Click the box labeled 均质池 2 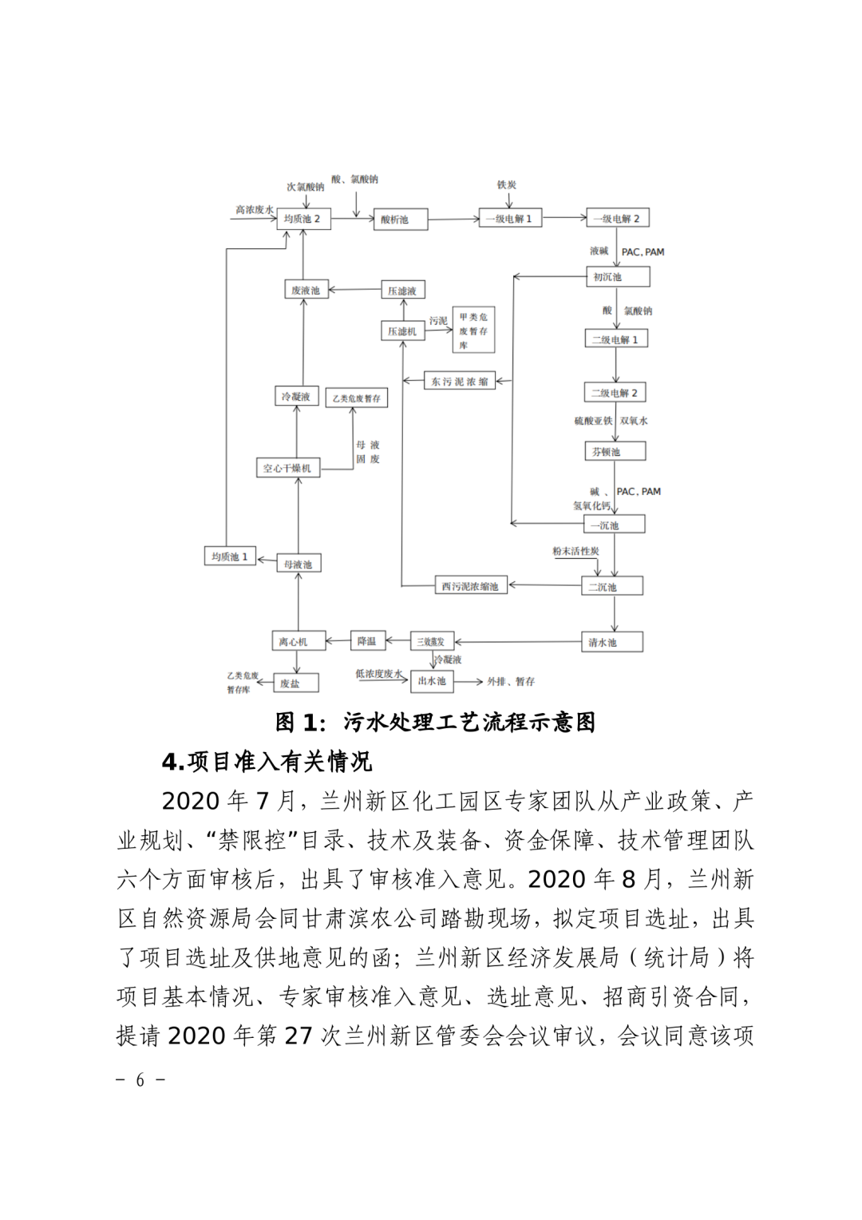pos(303,219)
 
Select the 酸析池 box pos(400,220)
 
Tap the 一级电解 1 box pos(510,218)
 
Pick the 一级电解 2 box pos(618,218)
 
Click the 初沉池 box pos(617,277)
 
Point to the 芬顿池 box pos(615,452)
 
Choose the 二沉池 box pos(612,587)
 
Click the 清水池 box pos(612,642)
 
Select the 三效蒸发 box pos(431,641)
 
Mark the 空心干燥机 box pos(287,468)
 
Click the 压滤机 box pos(402,331)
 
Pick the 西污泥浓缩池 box pos(470,586)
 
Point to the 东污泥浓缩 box pos(460,382)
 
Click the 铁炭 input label pos(507,185)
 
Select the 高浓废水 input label pos(254,210)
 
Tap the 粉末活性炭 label pos(575,551)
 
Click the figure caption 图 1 pos(435,723)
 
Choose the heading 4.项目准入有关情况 pos(267,762)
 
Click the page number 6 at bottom pos(140,1080)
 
